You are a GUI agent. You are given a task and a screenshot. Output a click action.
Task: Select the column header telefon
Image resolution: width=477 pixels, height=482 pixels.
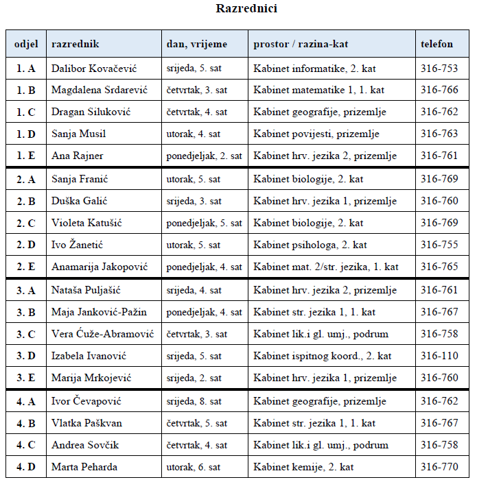(437, 44)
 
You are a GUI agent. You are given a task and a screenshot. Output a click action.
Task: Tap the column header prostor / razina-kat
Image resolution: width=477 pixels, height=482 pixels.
(300, 44)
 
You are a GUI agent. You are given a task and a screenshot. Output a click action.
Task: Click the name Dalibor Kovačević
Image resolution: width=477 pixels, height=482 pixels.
(93, 69)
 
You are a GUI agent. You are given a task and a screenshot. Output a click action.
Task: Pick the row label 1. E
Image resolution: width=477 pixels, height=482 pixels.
(26, 156)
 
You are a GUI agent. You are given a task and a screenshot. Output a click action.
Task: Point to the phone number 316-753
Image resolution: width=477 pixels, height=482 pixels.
(439, 69)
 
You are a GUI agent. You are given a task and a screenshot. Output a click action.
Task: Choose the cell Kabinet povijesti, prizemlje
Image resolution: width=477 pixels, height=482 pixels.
(316, 134)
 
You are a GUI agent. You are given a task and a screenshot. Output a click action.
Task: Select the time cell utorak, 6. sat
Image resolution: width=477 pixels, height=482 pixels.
(194, 467)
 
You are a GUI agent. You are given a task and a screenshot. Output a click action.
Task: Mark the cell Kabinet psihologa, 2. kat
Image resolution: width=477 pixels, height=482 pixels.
(310, 245)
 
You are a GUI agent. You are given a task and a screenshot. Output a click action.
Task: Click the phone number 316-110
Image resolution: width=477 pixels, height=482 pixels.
(439, 356)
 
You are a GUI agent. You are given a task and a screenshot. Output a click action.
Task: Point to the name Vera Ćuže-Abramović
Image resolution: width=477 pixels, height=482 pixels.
(102, 334)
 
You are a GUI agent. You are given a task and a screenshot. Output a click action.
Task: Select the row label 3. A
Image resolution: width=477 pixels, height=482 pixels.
(26, 290)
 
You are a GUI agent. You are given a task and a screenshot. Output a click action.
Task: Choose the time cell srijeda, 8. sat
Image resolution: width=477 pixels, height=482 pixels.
(194, 401)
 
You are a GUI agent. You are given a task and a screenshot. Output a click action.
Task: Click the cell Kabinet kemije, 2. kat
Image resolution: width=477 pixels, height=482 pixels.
(303, 467)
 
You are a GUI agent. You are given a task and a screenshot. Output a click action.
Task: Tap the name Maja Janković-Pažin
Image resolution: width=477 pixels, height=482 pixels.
(99, 312)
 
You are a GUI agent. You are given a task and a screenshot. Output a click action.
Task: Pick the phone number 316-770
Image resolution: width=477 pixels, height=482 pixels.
(439, 467)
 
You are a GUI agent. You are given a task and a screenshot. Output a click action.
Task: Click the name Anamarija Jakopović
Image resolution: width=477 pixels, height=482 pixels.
(100, 267)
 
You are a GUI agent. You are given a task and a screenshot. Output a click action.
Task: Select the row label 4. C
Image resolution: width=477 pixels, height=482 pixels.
(26, 445)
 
